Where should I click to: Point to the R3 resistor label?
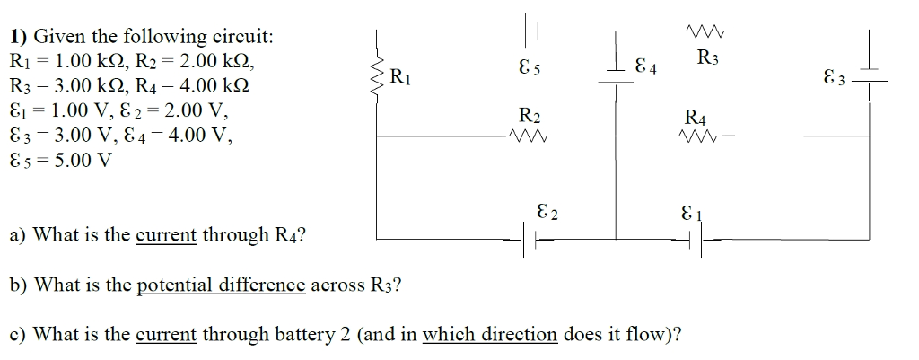click(707, 61)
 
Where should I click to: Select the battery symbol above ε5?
click(530, 30)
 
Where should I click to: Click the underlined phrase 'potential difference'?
click(221, 285)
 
